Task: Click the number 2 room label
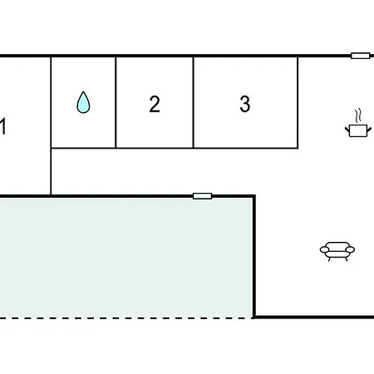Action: click(155, 104)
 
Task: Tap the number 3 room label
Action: click(245, 104)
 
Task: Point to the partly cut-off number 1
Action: click(2, 126)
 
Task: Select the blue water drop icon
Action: click(83, 102)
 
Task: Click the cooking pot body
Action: click(358, 130)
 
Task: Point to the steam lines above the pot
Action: click(358, 116)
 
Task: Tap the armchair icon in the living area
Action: click(337, 251)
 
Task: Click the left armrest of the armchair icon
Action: click(324, 250)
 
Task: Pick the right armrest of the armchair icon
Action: click(350, 250)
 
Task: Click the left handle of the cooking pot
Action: click(347, 130)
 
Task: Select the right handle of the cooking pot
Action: click(369, 130)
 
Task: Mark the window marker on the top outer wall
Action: click(361, 56)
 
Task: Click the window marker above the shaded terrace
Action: click(203, 196)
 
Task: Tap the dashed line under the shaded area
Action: click(126, 318)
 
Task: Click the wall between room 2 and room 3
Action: click(194, 102)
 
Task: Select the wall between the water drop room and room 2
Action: click(116, 102)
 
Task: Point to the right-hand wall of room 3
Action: click(298, 102)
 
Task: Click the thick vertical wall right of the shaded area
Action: click(254, 256)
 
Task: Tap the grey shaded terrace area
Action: click(126, 258)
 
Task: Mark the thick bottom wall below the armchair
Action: click(314, 317)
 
